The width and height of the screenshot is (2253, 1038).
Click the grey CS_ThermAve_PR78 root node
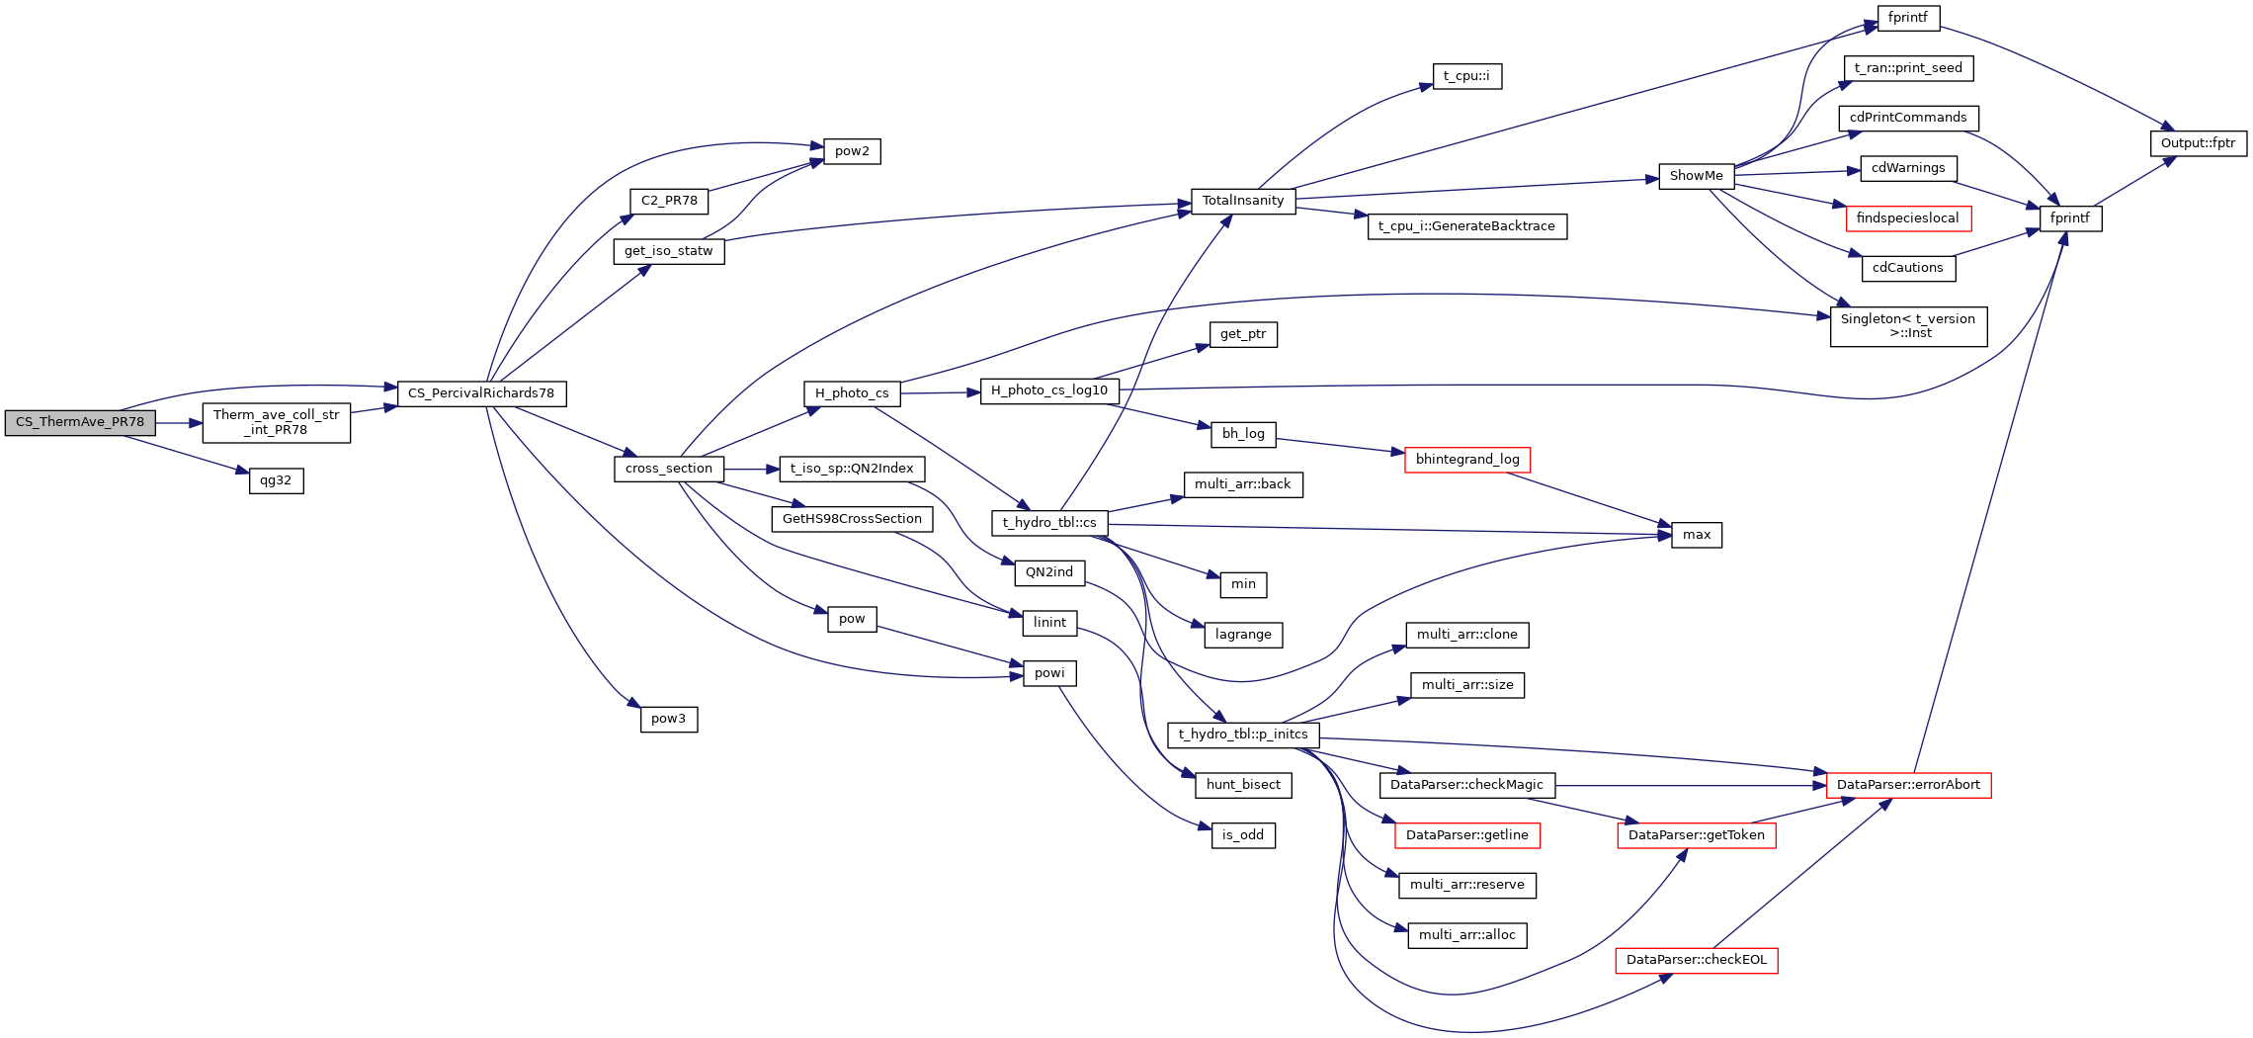pos(80,422)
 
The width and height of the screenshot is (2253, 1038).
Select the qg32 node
pos(276,481)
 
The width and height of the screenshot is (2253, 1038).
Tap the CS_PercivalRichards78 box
pos(481,393)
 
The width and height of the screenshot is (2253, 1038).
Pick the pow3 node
pos(668,719)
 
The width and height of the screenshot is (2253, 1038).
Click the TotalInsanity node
pos(1242,201)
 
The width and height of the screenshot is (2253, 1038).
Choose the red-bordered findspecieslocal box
pos(1907,218)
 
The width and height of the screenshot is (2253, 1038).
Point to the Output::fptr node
pos(2198,143)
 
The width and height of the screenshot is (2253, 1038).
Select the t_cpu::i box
pos(1466,76)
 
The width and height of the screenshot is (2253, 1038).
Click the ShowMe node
pos(1696,176)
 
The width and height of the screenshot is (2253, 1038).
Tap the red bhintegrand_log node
pos(1467,460)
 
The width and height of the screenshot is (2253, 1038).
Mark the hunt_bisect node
pos(1243,785)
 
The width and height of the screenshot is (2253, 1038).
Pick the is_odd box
pos(1243,835)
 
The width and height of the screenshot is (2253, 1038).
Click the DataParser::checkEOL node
pos(1696,960)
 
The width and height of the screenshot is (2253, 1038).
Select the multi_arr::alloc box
pos(1466,935)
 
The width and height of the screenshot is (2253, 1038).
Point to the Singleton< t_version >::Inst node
pos(1907,326)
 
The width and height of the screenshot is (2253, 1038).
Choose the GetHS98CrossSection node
pos(852,519)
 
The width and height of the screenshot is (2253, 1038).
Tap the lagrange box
pos(1243,635)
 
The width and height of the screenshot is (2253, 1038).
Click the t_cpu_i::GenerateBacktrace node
pos(1466,226)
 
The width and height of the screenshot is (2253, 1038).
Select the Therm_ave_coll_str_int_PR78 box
pos(276,422)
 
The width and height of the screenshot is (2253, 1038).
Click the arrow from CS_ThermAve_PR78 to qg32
pos(188,454)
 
